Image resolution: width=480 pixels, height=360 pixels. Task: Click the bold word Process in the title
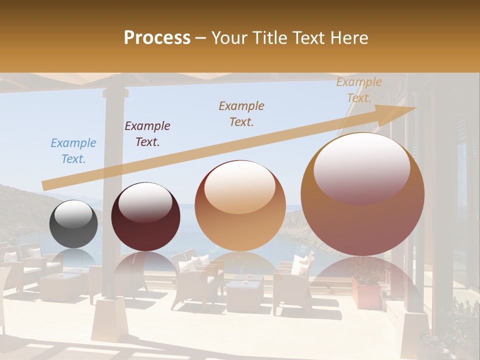pos(157,38)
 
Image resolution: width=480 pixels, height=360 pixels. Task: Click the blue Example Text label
pos(73,151)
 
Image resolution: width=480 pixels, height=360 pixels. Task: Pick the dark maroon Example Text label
pos(147,134)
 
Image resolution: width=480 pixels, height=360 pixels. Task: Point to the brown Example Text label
pos(241,113)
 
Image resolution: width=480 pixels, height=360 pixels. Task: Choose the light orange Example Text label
pos(359,90)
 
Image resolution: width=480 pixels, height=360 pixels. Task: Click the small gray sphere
pos(74,224)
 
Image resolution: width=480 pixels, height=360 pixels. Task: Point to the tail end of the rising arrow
pos(45,185)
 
